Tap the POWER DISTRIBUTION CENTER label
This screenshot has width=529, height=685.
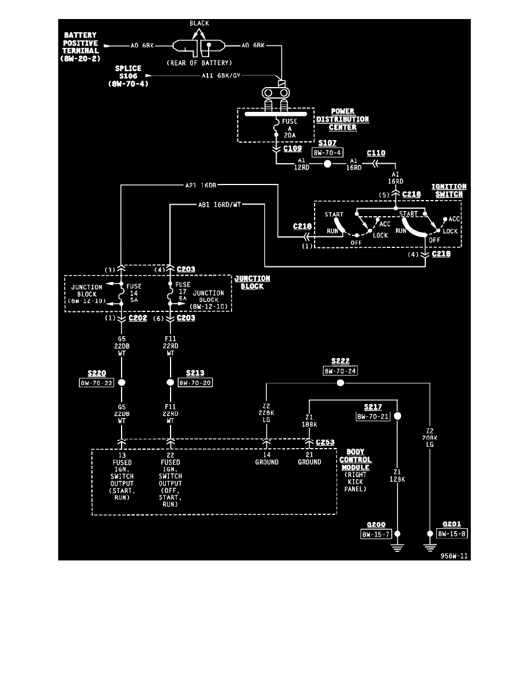pos(342,119)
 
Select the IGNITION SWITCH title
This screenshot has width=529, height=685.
pos(449,190)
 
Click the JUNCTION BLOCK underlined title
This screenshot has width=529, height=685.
pos(252,282)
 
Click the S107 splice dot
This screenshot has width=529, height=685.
pos(327,164)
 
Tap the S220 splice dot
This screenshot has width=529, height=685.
pos(122,382)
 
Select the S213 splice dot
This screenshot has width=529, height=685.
pos(170,382)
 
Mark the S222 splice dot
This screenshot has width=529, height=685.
pos(340,383)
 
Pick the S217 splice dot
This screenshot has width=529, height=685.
pos(397,416)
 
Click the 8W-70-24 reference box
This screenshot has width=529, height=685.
pos(340,371)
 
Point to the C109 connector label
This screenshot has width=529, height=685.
pos(293,148)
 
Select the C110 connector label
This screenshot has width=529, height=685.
pos(376,153)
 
